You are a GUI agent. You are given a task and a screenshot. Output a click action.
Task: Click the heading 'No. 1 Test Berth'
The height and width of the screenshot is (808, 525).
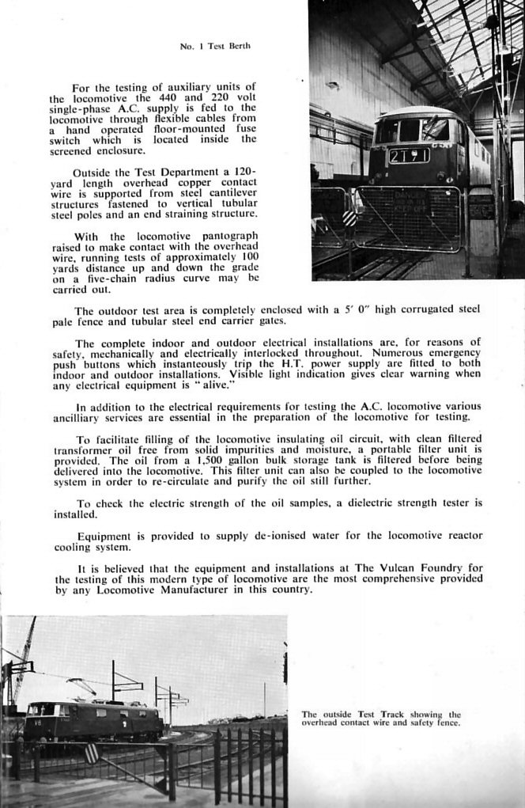pos(215,46)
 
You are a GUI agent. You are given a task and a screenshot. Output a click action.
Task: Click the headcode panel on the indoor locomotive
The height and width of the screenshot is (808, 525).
pos(408,156)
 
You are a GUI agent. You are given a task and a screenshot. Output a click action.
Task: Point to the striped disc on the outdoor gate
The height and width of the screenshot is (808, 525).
pos(92,753)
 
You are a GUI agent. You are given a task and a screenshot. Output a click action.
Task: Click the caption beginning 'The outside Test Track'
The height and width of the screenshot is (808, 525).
pos(381,718)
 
